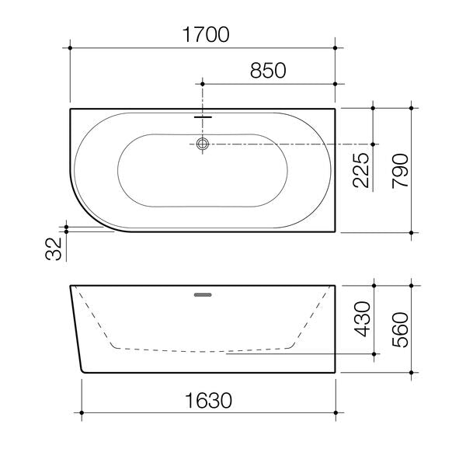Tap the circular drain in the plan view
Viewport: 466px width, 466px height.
203,144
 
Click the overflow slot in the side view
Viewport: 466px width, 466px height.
203,294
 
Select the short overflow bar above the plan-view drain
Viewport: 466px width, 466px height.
203,118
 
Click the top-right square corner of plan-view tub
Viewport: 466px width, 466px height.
335,109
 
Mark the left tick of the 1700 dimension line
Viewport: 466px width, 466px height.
71,48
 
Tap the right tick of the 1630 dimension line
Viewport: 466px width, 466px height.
335,412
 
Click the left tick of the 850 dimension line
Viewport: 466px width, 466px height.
203,83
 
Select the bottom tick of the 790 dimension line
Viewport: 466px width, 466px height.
412,232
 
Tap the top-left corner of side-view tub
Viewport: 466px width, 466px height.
71,286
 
